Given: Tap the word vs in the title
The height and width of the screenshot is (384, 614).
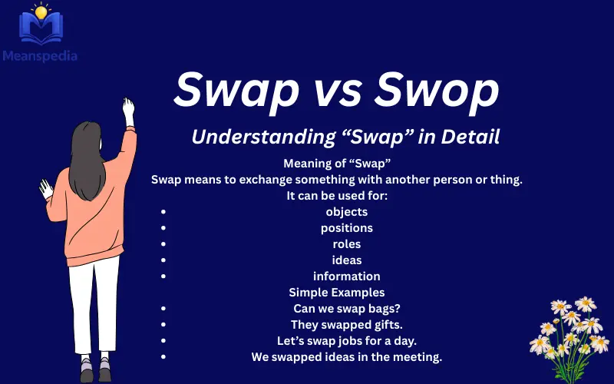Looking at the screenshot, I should tap(335, 91).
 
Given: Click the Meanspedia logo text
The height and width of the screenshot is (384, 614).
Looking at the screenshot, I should tap(40, 55).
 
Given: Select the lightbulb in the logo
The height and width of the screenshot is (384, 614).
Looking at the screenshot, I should tap(41, 13).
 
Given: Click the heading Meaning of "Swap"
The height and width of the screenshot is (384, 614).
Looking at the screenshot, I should tap(338, 164).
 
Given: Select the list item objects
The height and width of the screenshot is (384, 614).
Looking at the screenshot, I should tap(346, 211).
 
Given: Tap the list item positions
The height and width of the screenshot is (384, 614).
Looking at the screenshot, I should tap(346, 227).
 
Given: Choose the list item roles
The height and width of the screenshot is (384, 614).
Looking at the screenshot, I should tap(346, 243).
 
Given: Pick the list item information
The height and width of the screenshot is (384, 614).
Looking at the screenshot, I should tap(346, 276).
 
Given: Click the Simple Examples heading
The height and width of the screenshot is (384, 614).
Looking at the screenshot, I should tap(337, 292).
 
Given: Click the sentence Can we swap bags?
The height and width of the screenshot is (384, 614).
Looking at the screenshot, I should tap(347, 308).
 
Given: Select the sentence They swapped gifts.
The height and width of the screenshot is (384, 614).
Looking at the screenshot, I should tap(346, 324).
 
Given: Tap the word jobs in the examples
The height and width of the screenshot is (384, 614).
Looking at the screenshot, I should tap(352, 340).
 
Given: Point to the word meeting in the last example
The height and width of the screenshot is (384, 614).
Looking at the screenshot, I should tap(418, 356).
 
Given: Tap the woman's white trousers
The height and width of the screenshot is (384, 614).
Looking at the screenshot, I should tap(96, 307).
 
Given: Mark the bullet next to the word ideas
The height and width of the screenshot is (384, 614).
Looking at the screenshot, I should tap(163, 260).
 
